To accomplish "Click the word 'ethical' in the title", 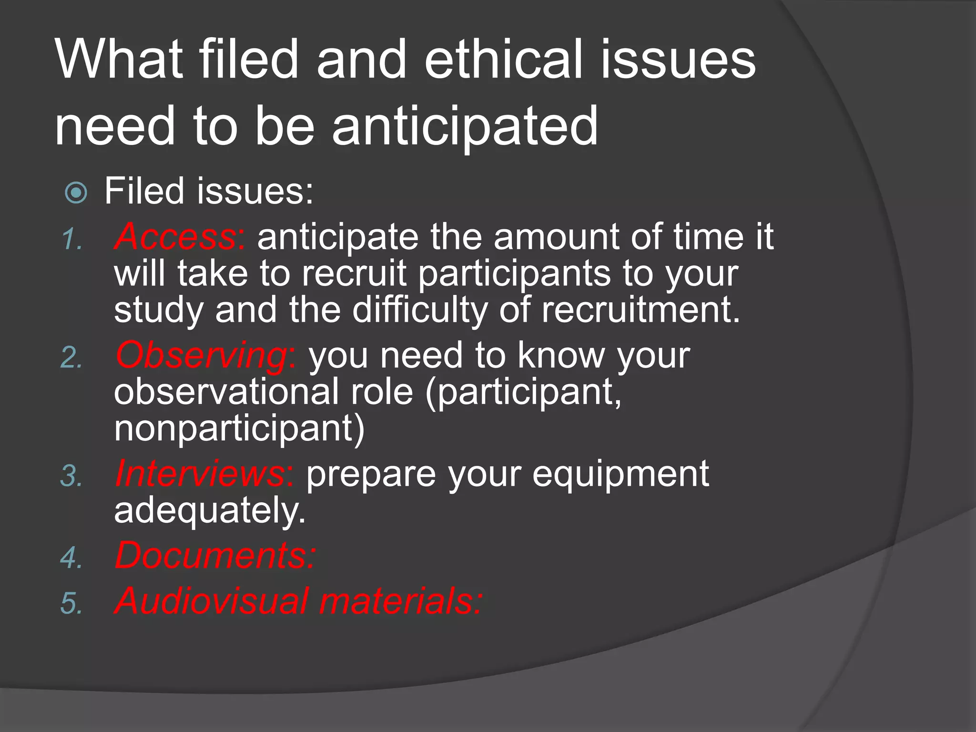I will pos(503,60).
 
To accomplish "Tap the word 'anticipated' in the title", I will pos(465,126).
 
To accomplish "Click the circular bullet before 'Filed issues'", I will pos(76,193).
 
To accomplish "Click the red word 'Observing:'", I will pos(206,356).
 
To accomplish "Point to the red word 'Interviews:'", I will pos(204,474).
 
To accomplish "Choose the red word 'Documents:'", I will pos(215,556).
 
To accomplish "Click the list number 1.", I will pos(71,240).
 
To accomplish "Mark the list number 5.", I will pos(71,604).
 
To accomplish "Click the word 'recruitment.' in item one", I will pos(641,310).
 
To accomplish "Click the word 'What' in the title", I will pos(119,60).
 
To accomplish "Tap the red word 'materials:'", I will pos(400,601).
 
